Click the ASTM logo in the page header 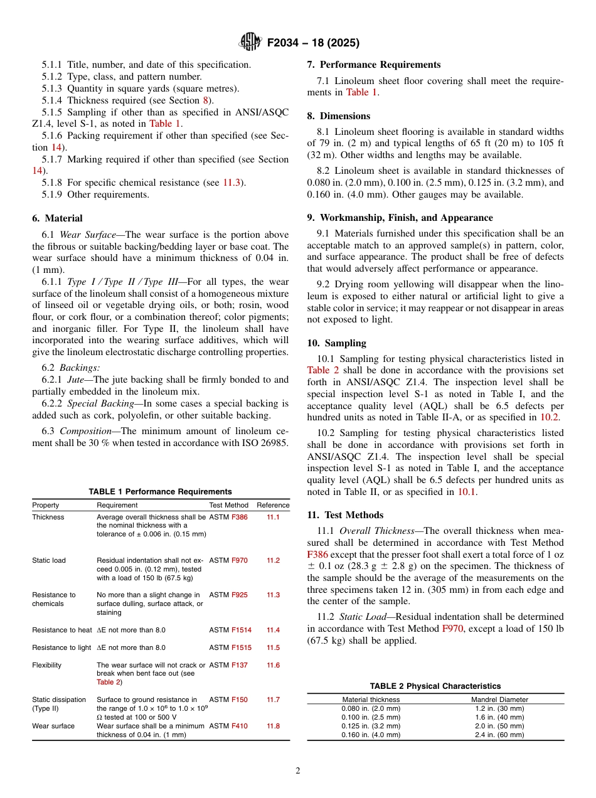pyautogui.click(x=250, y=43)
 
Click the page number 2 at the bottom pyautogui.click(x=298, y=771)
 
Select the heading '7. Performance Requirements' pyautogui.click(x=374, y=65)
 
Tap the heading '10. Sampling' pyautogui.click(x=337, y=343)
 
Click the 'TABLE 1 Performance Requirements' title pyautogui.click(x=160, y=492)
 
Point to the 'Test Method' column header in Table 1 pyautogui.click(x=228, y=505)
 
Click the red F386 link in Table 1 pyautogui.click(x=240, y=518)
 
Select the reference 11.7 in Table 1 pyautogui.click(x=273, y=700)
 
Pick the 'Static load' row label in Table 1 pyautogui.click(x=49, y=560)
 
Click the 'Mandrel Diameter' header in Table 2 pyautogui.click(x=499, y=700)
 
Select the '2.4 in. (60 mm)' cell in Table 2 pyautogui.click(x=499, y=735)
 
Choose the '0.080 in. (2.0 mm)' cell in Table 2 pyautogui.click(x=371, y=708)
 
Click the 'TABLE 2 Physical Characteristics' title pyautogui.click(x=435, y=686)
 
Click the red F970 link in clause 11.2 pyautogui.click(x=453, y=629)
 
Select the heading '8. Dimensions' pyautogui.click(x=339, y=116)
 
